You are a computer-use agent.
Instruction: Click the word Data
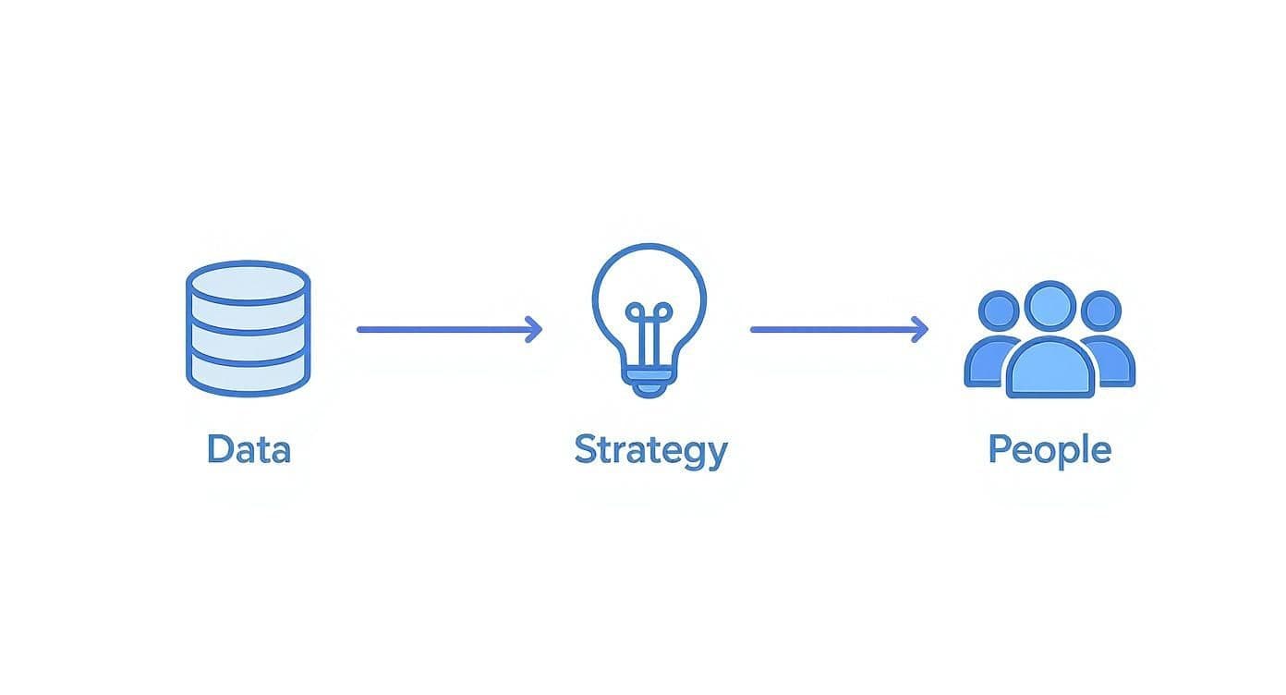click(x=249, y=449)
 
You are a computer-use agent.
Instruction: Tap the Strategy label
click(x=650, y=451)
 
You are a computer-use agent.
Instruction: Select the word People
click(x=1049, y=449)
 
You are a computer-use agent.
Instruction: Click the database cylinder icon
click(x=249, y=328)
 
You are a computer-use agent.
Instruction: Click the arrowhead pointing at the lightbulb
click(x=533, y=329)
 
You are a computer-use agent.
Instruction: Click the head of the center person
click(x=1049, y=307)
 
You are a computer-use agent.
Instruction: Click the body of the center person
click(x=1049, y=370)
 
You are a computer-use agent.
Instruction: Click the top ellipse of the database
click(x=249, y=282)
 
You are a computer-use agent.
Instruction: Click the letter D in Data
click(x=219, y=449)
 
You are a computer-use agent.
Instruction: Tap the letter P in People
click(x=1000, y=449)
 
